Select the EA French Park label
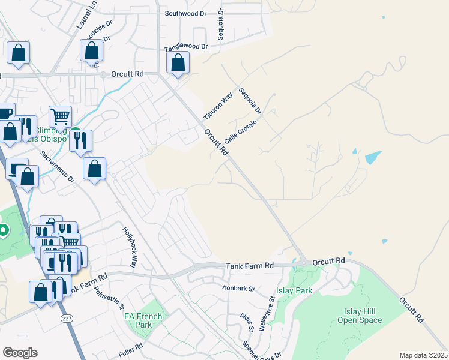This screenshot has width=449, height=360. pyautogui.click(x=143, y=320)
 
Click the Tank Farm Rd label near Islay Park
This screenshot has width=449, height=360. pyautogui.click(x=250, y=265)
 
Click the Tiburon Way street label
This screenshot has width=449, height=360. pyautogui.click(x=218, y=106)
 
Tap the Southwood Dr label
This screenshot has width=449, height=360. pyautogui.click(x=185, y=13)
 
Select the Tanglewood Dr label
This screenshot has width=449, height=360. pyautogui.click(x=186, y=46)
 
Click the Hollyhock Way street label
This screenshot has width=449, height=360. pyautogui.click(x=130, y=247)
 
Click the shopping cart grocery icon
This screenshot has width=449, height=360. pyautogui.click(x=60, y=116)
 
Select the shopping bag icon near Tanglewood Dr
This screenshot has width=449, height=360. pyautogui.click(x=178, y=62)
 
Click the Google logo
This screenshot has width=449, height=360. pyautogui.click(x=20, y=353)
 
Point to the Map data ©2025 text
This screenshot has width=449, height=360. pyautogui.click(x=423, y=355)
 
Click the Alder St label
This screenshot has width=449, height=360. pyautogui.click(x=246, y=322)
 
